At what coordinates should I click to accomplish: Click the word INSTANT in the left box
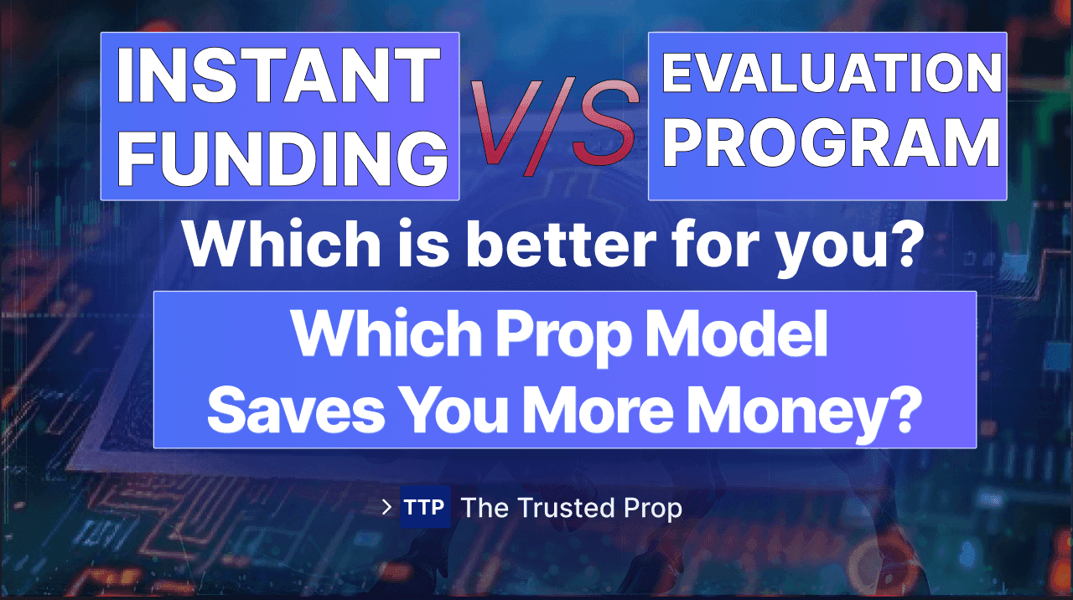tap(278, 75)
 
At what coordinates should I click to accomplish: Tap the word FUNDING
tap(283, 159)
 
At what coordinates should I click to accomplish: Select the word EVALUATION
tap(832, 72)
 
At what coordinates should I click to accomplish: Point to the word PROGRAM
tap(832, 142)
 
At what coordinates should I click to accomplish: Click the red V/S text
tap(555, 126)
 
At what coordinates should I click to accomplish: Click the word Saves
tap(296, 411)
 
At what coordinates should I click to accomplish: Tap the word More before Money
tap(598, 411)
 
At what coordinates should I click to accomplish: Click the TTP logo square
tap(425, 507)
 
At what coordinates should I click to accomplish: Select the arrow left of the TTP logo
tap(386, 507)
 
